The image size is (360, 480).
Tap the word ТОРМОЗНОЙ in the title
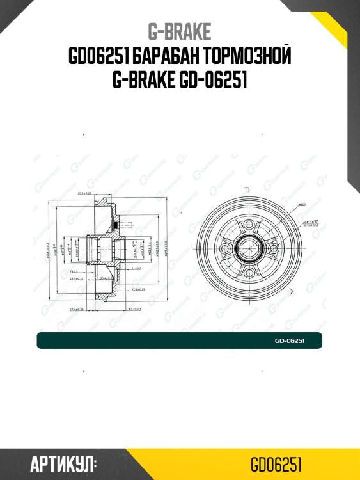pyautogui.click(x=244, y=57)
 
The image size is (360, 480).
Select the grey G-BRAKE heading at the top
pyautogui.click(x=180, y=31)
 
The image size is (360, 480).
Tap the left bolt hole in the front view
pyautogui.click(x=224, y=249)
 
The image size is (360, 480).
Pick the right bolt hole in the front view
pyautogui.click(x=272, y=249)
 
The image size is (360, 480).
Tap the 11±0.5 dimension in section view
pyautogui.click(x=136, y=269)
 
